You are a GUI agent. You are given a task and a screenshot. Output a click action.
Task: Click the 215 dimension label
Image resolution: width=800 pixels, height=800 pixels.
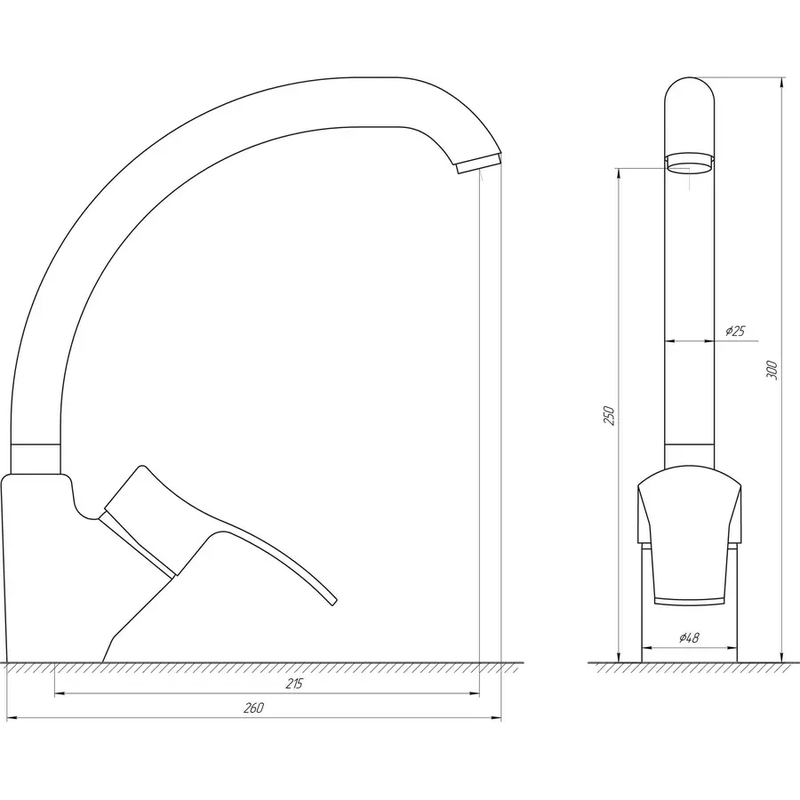click(294, 684)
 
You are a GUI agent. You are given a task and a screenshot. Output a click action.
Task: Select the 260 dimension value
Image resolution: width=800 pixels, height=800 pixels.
click(253, 708)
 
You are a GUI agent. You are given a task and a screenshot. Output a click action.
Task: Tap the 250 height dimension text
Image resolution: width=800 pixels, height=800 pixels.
click(608, 416)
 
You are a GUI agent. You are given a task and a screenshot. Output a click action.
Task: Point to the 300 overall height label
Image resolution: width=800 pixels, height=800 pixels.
click(772, 370)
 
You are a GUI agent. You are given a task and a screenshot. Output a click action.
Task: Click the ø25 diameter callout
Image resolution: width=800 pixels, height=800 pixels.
click(734, 332)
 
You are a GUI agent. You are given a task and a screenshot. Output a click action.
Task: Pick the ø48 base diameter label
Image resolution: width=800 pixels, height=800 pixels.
click(689, 638)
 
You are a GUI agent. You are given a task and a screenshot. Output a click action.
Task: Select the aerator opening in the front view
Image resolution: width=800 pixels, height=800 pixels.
click(690, 162)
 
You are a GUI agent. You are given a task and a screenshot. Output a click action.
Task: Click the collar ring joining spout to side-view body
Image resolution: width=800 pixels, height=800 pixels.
click(36, 458)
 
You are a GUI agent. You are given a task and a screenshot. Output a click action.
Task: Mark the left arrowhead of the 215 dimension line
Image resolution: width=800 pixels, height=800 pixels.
click(59, 694)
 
